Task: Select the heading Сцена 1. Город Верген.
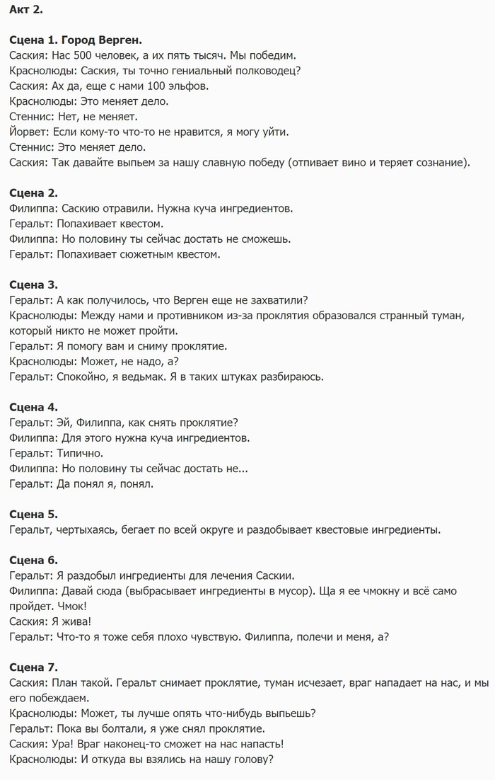76,40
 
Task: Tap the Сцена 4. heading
34,407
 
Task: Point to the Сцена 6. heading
34,559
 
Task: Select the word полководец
260,71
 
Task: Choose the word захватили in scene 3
269,300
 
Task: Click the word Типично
80,453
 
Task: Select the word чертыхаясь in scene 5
88,529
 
